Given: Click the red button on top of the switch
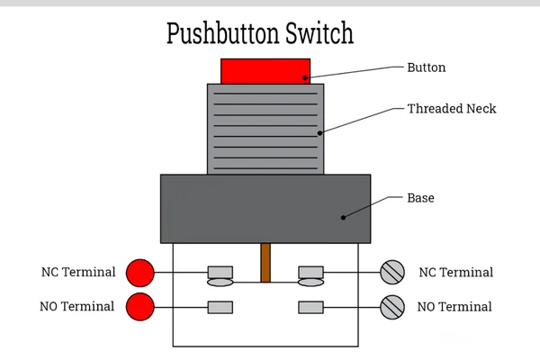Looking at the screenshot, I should [265, 71].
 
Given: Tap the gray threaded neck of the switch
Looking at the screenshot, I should [265, 129].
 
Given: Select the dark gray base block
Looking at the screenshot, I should [265, 209].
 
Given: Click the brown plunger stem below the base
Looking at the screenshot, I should [265, 264].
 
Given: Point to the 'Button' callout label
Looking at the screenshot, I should [426, 67].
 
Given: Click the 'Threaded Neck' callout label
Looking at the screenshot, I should [451, 109].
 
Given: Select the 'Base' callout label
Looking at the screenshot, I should [420, 197].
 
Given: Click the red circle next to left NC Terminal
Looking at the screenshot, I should [139, 272].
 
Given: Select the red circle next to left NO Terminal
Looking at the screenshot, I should [139, 306].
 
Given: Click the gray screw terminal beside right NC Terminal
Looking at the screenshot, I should [392, 272].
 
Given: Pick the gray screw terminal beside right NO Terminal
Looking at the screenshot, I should [392, 307].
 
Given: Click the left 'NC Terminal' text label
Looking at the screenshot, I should [78, 272].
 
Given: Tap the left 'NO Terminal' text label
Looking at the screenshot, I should [77, 306].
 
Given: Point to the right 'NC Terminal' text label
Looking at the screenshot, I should [455, 272].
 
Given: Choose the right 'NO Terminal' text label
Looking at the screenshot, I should [454, 307].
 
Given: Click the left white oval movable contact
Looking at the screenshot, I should [220, 283].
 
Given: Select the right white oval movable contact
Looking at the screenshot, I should [310, 283].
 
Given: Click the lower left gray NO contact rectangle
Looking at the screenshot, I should [220, 307].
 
